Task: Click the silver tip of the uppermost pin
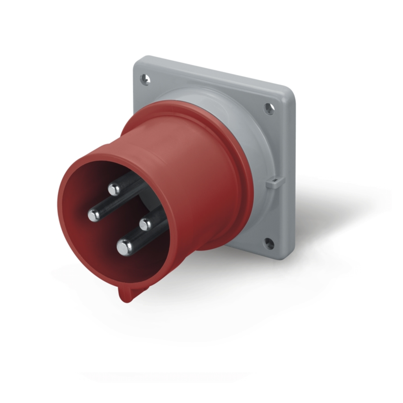[114, 190]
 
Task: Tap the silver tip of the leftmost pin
[94, 215]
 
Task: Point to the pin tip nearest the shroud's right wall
[146, 224]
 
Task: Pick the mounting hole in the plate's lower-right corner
[269, 244]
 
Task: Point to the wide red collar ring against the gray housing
[236, 157]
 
